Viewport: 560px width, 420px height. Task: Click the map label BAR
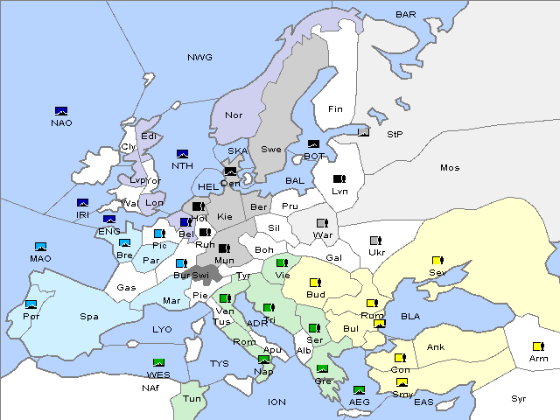tap(406, 14)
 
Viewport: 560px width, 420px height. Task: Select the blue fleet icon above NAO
tap(61, 111)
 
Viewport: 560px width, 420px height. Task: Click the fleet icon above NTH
tap(183, 154)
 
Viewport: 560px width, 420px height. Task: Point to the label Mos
tap(450, 167)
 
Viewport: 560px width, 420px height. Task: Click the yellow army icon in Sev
tap(437, 261)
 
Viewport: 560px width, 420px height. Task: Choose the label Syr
tap(520, 398)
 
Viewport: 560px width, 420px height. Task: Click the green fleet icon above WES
tap(158, 362)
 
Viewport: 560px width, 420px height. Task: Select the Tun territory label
tap(192, 398)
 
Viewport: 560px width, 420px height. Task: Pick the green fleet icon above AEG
tap(359, 390)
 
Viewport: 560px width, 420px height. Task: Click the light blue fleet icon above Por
tap(31, 304)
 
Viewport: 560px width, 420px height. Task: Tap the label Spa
tap(89, 316)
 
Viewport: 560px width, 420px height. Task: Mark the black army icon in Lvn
tap(339, 179)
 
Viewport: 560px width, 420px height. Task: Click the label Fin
tap(335, 109)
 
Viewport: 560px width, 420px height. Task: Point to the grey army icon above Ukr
tap(375, 241)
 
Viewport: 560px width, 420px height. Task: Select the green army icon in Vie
tap(282, 262)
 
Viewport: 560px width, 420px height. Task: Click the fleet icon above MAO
tap(40, 247)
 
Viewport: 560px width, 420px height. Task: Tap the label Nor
tap(234, 115)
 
